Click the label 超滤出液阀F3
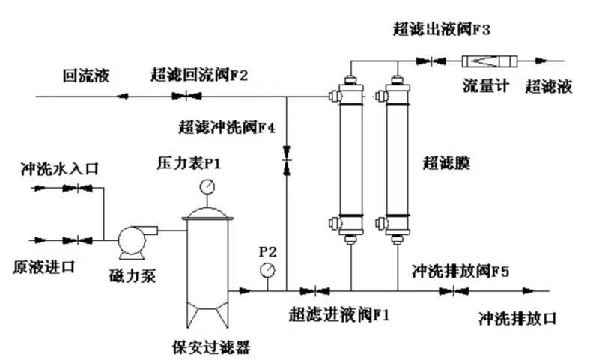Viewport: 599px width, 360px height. [x=441, y=30]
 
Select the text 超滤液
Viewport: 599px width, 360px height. [x=548, y=86]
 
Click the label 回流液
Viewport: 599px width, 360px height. [x=86, y=75]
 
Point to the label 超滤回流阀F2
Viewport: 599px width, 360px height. [x=198, y=75]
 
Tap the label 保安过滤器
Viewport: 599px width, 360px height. [x=210, y=346]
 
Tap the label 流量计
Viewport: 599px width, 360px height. [x=485, y=86]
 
